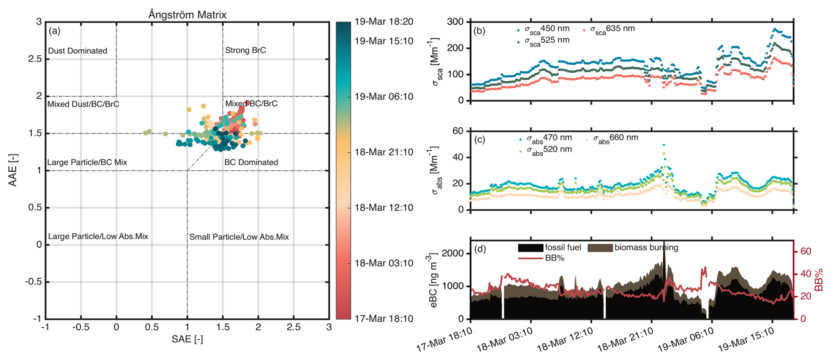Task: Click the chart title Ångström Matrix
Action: tap(187, 14)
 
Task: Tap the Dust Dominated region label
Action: tap(77, 51)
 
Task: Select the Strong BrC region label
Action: tap(245, 50)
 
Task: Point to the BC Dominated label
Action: tap(251, 162)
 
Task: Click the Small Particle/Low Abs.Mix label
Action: tap(239, 237)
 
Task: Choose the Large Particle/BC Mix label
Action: tap(87, 162)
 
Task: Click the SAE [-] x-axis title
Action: tap(187, 339)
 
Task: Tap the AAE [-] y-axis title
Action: tap(13, 170)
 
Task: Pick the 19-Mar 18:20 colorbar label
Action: tap(383, 22)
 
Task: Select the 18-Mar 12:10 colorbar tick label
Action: tap(383, 208)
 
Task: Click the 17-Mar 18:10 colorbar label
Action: tap(383, 319)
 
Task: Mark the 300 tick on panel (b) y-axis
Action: tap(455, 22)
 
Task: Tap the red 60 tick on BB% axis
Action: tap(806, 252)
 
